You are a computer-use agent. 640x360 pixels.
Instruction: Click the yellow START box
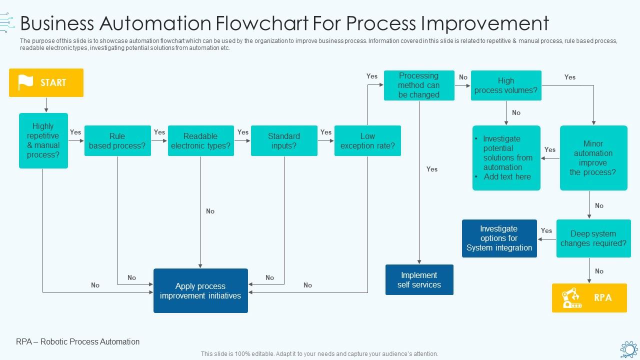pos(46,82)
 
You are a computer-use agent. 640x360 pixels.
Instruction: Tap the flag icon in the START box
pos(25,82)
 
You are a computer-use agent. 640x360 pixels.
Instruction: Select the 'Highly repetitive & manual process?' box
pos(43,140)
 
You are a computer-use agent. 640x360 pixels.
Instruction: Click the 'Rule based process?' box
pos(117,140)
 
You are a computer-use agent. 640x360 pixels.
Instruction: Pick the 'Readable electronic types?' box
pos(200,140)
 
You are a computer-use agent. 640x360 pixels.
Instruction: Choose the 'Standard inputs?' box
pos(284,140)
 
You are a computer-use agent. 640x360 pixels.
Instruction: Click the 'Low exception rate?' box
pos(367,140)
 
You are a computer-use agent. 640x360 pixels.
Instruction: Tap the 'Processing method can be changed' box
pos(419,85)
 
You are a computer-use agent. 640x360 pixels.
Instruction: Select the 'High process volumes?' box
pos(506,85)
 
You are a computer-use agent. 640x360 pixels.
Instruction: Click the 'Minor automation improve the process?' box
pos(593,157)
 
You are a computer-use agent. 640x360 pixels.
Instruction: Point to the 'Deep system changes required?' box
pos(593,238)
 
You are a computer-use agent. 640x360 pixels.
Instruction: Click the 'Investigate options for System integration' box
pos(499,238)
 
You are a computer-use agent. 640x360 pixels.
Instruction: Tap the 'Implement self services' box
pos(419,280)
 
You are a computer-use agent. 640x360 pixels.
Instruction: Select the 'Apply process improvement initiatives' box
pos(200,290)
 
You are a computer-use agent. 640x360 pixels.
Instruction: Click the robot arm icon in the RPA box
pos(571,298)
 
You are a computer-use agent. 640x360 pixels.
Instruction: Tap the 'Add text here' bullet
pos(507,177)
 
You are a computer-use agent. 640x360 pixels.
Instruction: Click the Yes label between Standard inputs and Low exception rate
pos(326,132)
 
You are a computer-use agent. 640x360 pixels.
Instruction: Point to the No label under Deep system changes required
pos(599,271)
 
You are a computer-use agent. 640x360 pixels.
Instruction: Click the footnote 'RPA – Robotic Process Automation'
pos(78,342)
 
